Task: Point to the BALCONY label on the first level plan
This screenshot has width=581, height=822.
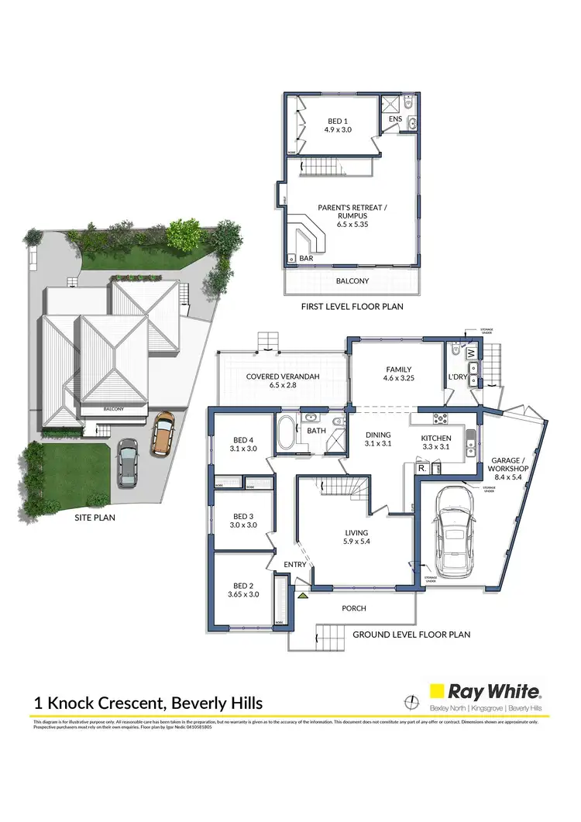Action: point(352,280)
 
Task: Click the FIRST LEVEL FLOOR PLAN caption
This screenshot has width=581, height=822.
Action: point(352,307)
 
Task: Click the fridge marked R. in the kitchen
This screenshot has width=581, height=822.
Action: point(422,469)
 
